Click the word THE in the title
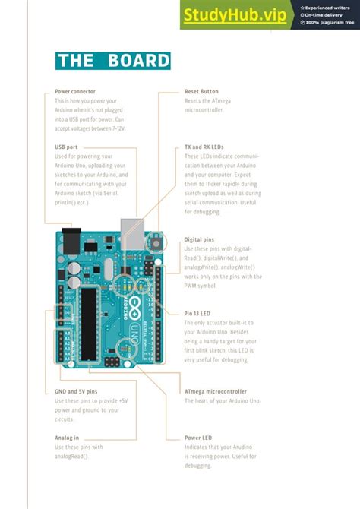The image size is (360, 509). (x=77, y=61)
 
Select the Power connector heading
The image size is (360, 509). (x=75, y=91)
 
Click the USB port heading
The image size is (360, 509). (x=66, y=147)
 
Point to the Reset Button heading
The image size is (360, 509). (x=201, y=91)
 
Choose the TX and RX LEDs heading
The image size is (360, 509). (x=204, y=147)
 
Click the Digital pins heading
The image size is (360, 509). (x=199, y=239)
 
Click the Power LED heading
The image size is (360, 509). (x=197, y=438)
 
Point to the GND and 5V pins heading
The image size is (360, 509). (x=76, y=391)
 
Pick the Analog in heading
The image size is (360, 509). (x=67, y=438)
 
